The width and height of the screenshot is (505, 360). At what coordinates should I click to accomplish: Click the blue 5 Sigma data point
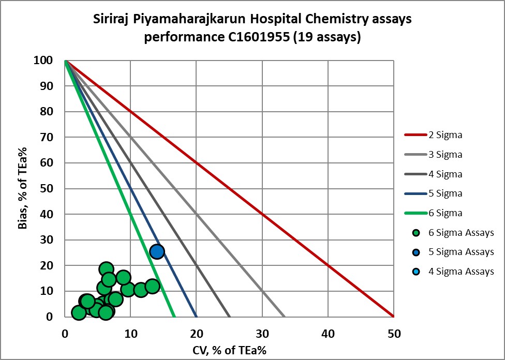(x=157, y=251)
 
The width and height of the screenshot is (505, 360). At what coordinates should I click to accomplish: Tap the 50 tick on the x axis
(x=393, y=334)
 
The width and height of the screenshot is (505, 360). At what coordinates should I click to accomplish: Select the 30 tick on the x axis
(x=262, y=334)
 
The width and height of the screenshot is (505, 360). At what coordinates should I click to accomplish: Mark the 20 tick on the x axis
(x=196, y=334)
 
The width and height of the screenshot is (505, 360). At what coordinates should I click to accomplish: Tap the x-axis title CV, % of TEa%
(x=229, y=351)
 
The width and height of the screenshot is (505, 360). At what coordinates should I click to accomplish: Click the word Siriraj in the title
(x=109, y=20)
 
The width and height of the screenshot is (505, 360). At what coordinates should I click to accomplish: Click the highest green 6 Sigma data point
(x=106, y=269)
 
